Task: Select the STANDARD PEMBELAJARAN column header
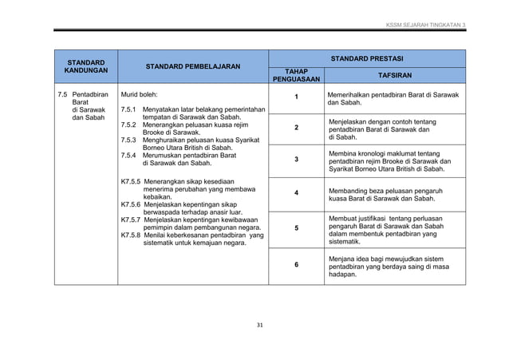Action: coord(193,66)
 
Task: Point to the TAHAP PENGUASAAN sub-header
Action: coord(296,76)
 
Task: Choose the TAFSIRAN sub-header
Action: coord(395,75)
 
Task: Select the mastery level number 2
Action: coord(296,129)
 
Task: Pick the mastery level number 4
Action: coord(296,194)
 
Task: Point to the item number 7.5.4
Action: coord(128,155)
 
